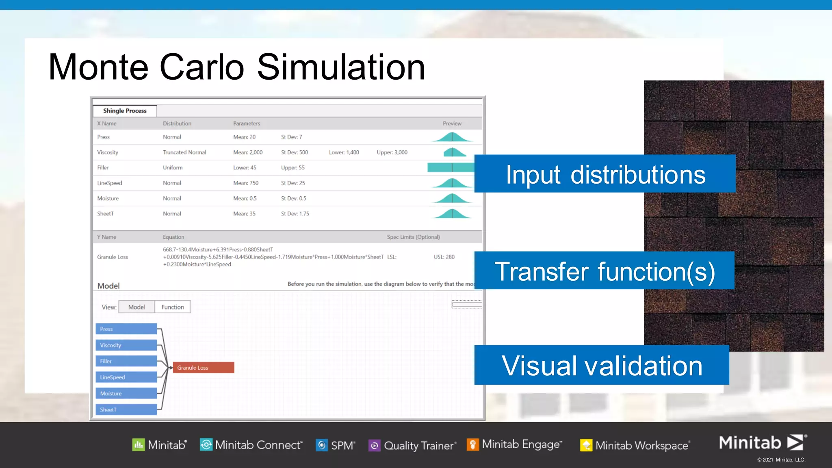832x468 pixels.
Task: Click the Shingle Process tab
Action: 125,111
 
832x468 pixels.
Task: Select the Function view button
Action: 173,307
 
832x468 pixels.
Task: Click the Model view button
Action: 136,307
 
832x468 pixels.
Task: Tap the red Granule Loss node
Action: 203,368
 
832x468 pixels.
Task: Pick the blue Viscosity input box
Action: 126,345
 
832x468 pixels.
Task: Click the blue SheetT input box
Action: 126,409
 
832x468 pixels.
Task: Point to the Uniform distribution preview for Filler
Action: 451,167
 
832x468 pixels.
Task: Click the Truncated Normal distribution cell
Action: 184,152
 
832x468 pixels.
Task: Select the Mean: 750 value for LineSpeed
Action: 246,183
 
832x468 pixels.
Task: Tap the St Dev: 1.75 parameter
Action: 295,214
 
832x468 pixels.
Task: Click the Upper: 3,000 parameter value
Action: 392,152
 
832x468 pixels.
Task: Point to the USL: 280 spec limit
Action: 444,257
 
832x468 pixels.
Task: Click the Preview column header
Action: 452,123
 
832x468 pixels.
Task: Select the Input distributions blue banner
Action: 605,174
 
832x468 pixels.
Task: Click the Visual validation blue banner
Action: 602,365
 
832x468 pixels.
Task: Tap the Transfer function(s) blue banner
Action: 604,271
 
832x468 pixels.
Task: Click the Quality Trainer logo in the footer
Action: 413,445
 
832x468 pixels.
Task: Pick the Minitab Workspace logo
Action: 635,445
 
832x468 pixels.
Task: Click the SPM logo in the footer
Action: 336,445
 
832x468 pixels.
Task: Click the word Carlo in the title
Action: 202,67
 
